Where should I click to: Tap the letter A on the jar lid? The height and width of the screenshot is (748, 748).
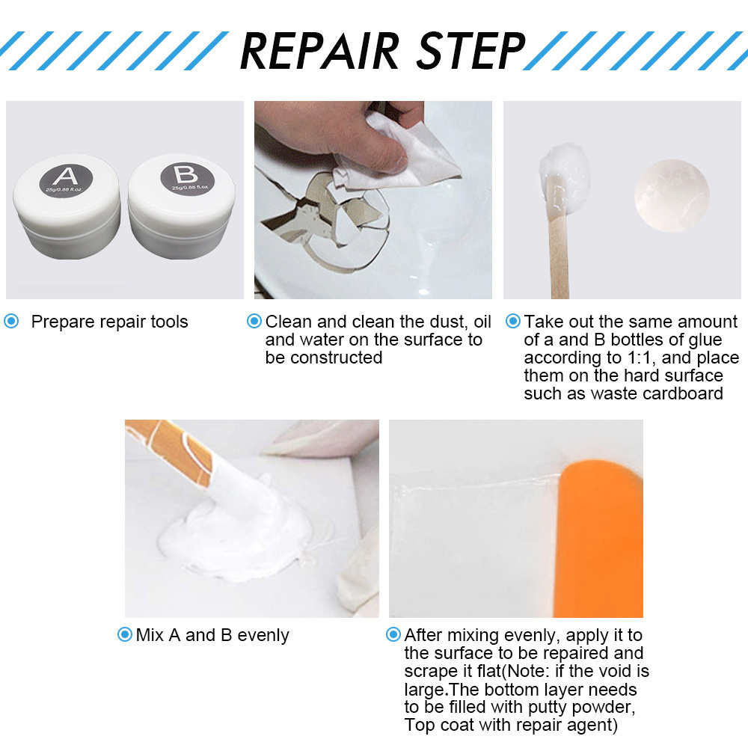coord(65,177)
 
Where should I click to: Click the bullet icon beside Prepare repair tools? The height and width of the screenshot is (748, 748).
coord(11,322)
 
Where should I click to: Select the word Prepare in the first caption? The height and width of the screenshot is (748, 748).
coord(61,322)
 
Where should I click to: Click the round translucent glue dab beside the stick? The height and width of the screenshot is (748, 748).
coord(671,196)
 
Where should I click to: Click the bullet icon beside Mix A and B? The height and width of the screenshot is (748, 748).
coord(124,635)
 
